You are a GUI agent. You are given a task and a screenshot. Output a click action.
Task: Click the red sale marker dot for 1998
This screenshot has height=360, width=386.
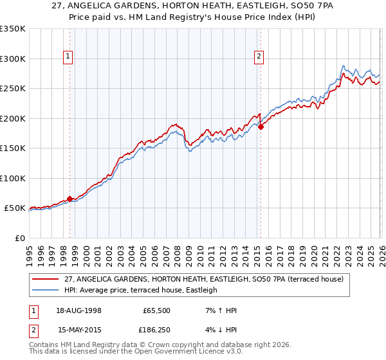(69, 199)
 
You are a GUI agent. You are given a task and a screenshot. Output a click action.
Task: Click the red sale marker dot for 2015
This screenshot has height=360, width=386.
(261, 127)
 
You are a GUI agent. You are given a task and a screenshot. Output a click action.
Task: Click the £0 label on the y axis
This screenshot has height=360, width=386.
(19, 238)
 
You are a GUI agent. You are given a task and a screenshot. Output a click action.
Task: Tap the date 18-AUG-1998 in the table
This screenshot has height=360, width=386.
(78, 310)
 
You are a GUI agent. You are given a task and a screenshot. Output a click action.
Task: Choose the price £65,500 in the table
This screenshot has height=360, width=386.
(156, 310)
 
